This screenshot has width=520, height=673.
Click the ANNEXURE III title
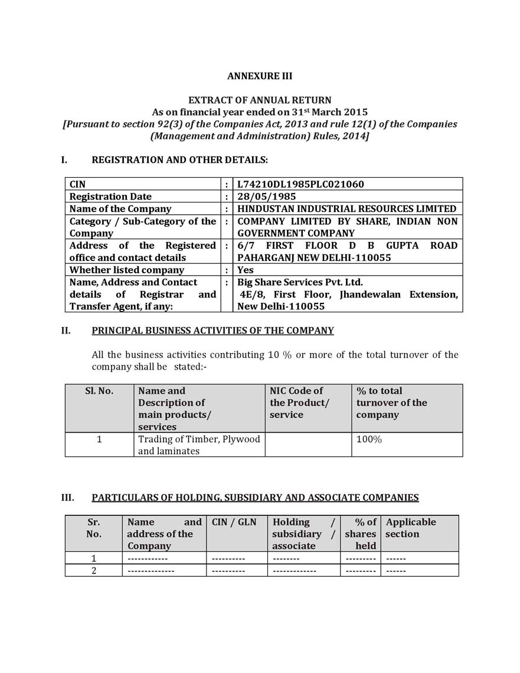coord(260,76)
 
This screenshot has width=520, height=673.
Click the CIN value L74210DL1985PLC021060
coord(300,184)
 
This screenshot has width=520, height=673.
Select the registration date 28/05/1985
coord(267,197)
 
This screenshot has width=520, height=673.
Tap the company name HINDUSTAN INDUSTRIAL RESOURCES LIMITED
coord(346,208)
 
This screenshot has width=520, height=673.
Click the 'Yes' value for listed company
coord(246,270)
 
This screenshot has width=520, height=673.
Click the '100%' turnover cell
coord(369,439)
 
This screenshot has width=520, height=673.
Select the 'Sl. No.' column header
coord(99,391)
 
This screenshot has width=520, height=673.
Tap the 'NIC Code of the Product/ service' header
coord(299,403)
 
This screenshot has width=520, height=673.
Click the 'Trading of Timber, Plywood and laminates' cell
coord(199,445)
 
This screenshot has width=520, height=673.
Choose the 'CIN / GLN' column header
coord(234,522)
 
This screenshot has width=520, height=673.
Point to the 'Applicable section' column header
coord(411,528)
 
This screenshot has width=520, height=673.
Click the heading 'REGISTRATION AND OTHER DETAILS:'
coord(179,160)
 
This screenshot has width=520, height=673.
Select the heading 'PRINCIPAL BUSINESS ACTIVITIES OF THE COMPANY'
coord(212,331)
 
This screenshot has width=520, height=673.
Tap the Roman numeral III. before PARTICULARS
coord(68,498)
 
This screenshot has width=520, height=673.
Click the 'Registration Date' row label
coord(110,197)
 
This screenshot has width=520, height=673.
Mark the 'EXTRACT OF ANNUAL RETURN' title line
coord(260,100)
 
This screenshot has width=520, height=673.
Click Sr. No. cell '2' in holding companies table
coord(93,570)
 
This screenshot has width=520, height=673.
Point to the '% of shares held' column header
coord(361,534)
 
